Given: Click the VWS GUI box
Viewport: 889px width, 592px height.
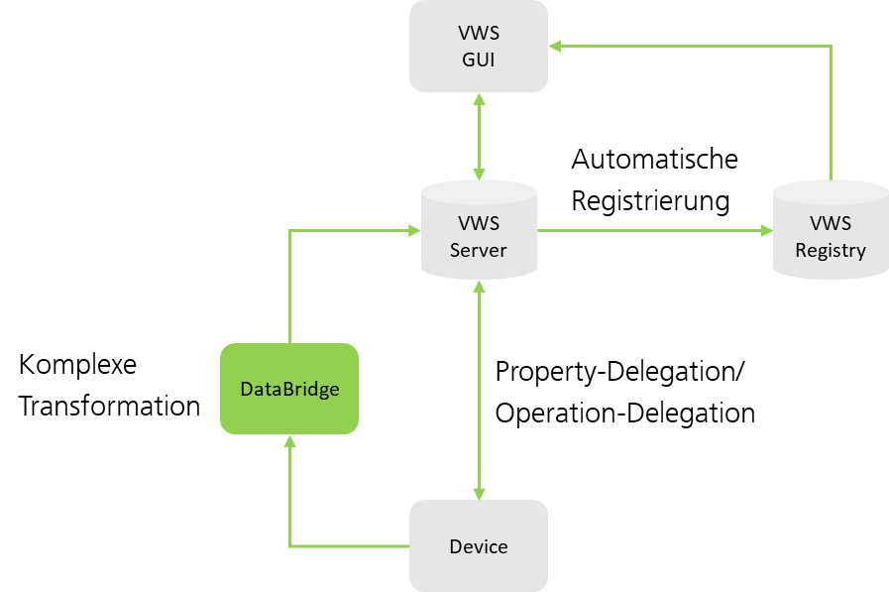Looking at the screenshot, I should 479,46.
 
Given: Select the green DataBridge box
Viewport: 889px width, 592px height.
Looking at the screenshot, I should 288,389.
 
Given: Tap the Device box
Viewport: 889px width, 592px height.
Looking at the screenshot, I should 479,545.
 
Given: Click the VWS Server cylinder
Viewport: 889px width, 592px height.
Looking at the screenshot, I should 479,230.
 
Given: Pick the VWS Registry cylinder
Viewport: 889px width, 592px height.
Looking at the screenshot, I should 831,230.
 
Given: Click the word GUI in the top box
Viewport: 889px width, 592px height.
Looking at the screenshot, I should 479,59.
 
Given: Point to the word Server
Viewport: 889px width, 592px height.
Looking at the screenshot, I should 479,250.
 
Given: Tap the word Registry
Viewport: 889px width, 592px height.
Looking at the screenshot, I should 831,250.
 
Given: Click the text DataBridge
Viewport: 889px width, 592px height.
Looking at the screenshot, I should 289,389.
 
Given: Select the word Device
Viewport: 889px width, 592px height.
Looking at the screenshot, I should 479,546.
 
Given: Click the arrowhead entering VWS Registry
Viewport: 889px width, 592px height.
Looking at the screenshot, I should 767,230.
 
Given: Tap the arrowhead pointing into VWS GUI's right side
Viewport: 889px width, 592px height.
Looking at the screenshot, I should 555,46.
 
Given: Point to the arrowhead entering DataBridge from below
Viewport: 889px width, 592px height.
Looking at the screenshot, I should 289,440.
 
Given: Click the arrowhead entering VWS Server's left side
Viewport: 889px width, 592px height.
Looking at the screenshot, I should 415,230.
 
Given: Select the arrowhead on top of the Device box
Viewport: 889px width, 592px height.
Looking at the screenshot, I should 480,493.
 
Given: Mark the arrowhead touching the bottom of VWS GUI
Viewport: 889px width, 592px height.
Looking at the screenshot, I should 480,99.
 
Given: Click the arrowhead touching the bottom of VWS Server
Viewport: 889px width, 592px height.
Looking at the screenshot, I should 480,286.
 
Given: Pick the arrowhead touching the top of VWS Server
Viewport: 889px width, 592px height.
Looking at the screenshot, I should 480,174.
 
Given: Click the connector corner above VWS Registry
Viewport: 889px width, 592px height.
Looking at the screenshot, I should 831,46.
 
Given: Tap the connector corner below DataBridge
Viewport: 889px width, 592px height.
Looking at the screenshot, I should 289,545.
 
